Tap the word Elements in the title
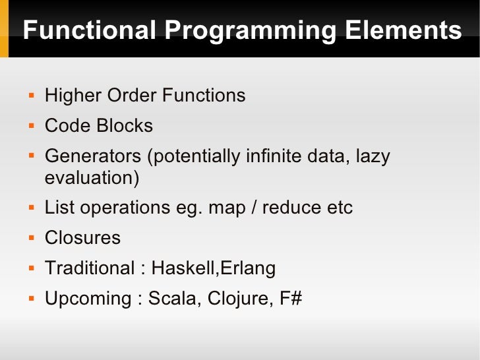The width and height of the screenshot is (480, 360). (402, 31)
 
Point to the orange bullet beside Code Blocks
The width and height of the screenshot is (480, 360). (31, 126)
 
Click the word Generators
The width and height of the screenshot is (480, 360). (93, 157)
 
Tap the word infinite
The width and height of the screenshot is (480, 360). (276, 157)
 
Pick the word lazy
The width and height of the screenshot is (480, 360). (373, 157)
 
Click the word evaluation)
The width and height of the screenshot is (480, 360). (92, 178)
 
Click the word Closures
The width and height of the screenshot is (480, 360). (82, 238)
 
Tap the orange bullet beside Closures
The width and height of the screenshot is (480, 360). (31, 238)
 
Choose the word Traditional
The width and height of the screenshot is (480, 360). (89, 268)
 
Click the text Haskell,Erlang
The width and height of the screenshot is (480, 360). (213, 268)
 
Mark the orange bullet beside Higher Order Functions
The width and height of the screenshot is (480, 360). (31, 96)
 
